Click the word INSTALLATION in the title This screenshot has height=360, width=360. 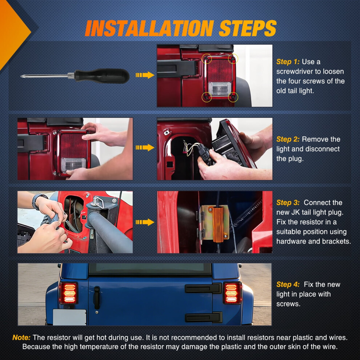(149, 28)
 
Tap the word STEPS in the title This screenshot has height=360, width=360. (248, 28)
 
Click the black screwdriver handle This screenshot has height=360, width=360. (102, 76)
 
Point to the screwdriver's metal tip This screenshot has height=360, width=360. (21, 76)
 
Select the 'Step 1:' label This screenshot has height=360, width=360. (288, 62)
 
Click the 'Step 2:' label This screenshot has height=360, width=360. (288, 139)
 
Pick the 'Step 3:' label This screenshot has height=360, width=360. (288, 203)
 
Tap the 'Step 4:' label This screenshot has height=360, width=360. (288, 284)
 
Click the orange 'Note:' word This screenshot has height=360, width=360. (21, 337)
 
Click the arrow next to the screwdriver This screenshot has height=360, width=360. (145, 75)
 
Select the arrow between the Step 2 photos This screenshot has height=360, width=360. (145, 147)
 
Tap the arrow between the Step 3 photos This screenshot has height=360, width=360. (145, 222)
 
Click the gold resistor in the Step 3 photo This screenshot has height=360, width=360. (218, 224)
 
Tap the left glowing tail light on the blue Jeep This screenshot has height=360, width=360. (69, 293)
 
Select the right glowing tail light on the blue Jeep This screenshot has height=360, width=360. (232, 293)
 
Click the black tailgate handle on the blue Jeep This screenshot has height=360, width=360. (97, 298)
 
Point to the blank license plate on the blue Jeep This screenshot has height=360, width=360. (69, 317)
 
